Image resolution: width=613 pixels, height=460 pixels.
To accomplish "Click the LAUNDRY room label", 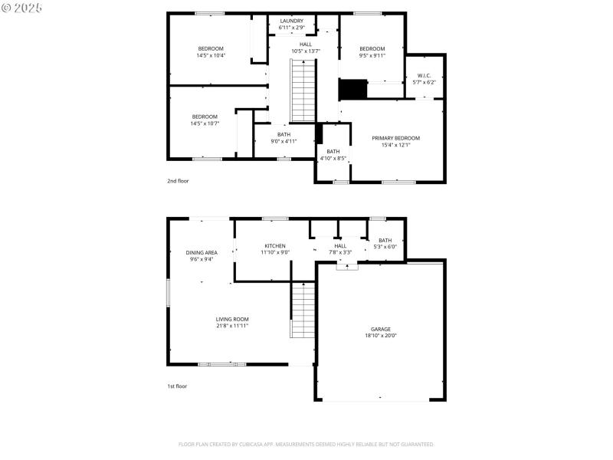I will pyautogui.click(x=291, y=21).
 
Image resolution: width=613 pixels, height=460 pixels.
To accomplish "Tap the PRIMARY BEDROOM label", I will pyautogui.click(x=395, y=138).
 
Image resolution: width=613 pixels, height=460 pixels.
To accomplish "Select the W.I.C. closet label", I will pyautogui.click(x=425, y=75).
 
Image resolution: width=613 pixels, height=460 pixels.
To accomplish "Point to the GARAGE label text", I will pyautogui.click(x=381, y=329).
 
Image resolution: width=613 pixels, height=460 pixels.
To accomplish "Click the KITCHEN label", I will pyautogui.click(x=275, y=245).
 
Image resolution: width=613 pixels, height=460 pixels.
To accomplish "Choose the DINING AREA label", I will pyautogui.click(x=202, y=252).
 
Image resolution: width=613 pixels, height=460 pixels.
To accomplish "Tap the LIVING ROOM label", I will pyautogui.click(x=231, y=319).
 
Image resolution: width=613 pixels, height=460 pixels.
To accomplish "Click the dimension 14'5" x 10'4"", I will pyautogui.click(x=210, y=55).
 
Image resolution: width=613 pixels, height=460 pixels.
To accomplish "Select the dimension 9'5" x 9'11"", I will pyautogui.click(x=372, y=55).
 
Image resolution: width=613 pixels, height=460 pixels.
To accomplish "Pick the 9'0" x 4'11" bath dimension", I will pyautogui.click(x=284, y=141).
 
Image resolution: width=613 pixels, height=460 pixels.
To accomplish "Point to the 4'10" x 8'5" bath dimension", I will pyautogui.click(x=333, y=159).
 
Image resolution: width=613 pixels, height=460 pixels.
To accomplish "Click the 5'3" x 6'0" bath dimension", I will pyautogui.click(x=385, y=247).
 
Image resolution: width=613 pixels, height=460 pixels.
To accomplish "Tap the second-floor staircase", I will pyautogui.click(x=303, y=90).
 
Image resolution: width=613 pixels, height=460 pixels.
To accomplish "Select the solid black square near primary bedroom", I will pyautogui.click(x=352, y=89).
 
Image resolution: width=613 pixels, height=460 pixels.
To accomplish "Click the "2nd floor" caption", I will pyautogui.click(x=178, y=181).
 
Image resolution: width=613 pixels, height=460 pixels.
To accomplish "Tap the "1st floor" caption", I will pyautogui.click(x=177, y=386).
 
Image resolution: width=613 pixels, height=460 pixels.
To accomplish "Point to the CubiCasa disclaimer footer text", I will pyautogui.click(x=306, y=444).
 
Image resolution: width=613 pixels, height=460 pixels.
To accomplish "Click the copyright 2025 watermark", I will pyautogui.click(x=21, y=7).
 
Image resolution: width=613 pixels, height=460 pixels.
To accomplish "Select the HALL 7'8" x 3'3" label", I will pyautogui.click(x=340, y=249).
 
